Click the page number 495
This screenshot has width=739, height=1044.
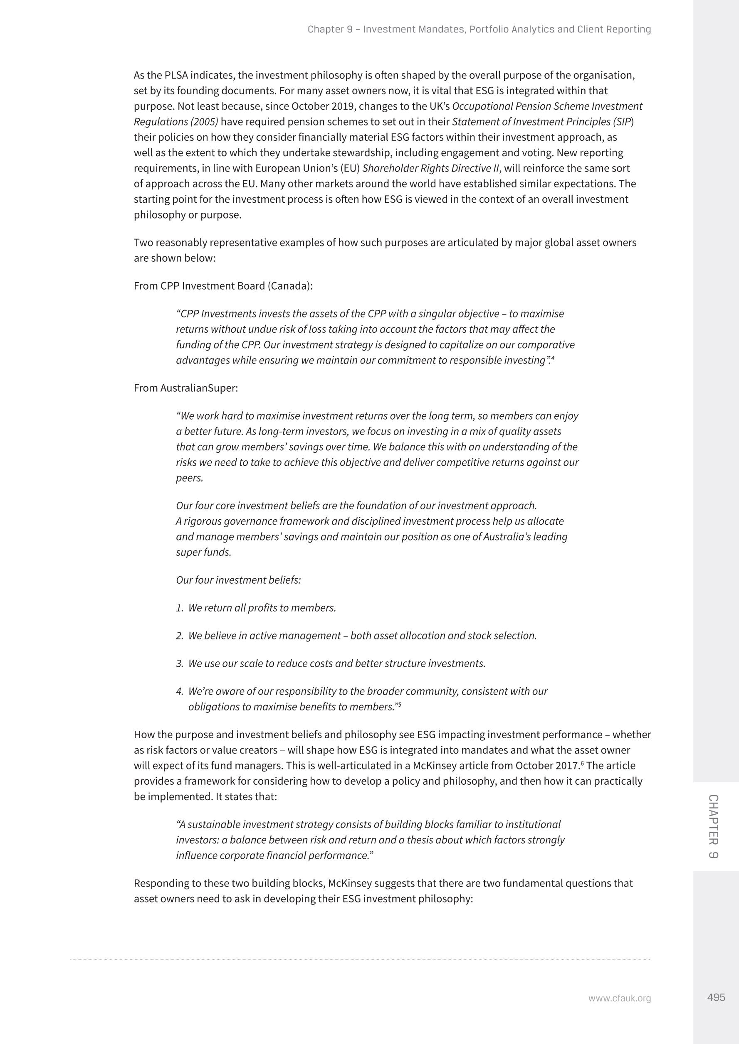(716, 997)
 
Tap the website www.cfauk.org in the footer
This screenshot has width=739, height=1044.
(619, 999)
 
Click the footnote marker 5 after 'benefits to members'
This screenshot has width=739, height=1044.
(399, 705)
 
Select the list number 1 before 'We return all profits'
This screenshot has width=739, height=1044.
(179, 608)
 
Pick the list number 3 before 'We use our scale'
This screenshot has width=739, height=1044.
(179, 664)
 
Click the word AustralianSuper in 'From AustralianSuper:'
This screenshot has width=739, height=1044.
(198, 388)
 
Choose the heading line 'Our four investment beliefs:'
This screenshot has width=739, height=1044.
(238, 580)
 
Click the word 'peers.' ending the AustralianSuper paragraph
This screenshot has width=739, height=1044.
(189, 478)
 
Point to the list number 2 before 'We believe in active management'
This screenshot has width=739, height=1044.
(179, 636)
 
